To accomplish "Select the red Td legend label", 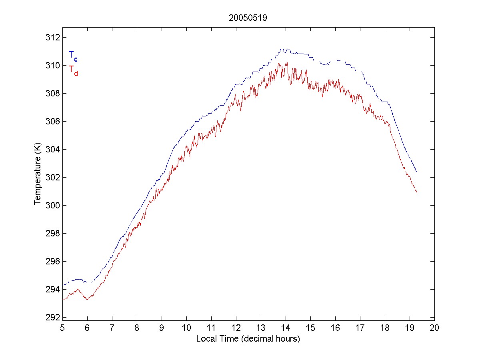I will coord(73,70).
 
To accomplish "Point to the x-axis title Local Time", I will coord(248,339).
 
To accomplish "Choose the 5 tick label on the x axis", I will coord(62,328).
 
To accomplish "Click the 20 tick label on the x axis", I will coord(434,328).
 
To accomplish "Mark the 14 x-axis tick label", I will coord(286,328).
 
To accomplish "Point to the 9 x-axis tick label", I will coord(162,328).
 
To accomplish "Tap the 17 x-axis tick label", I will coord(360,328).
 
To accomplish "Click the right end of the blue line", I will coord(417,172).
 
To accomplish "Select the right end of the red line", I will coord(417,193).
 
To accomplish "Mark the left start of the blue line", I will coord(63,285).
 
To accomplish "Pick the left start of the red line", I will coord(63,299).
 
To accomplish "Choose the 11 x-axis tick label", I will coord(211,328).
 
